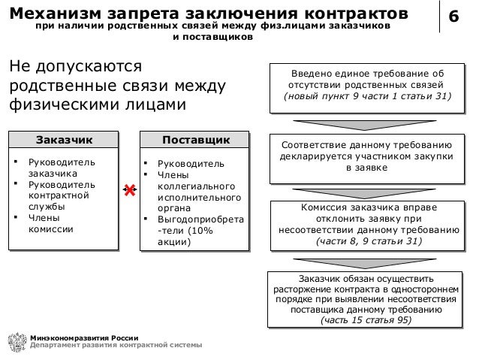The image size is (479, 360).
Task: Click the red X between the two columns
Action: (128, 192)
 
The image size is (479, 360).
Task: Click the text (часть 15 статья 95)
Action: (366, 319)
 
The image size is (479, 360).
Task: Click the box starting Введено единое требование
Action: (366, 86)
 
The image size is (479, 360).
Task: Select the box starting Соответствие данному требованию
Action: (366, 156)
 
